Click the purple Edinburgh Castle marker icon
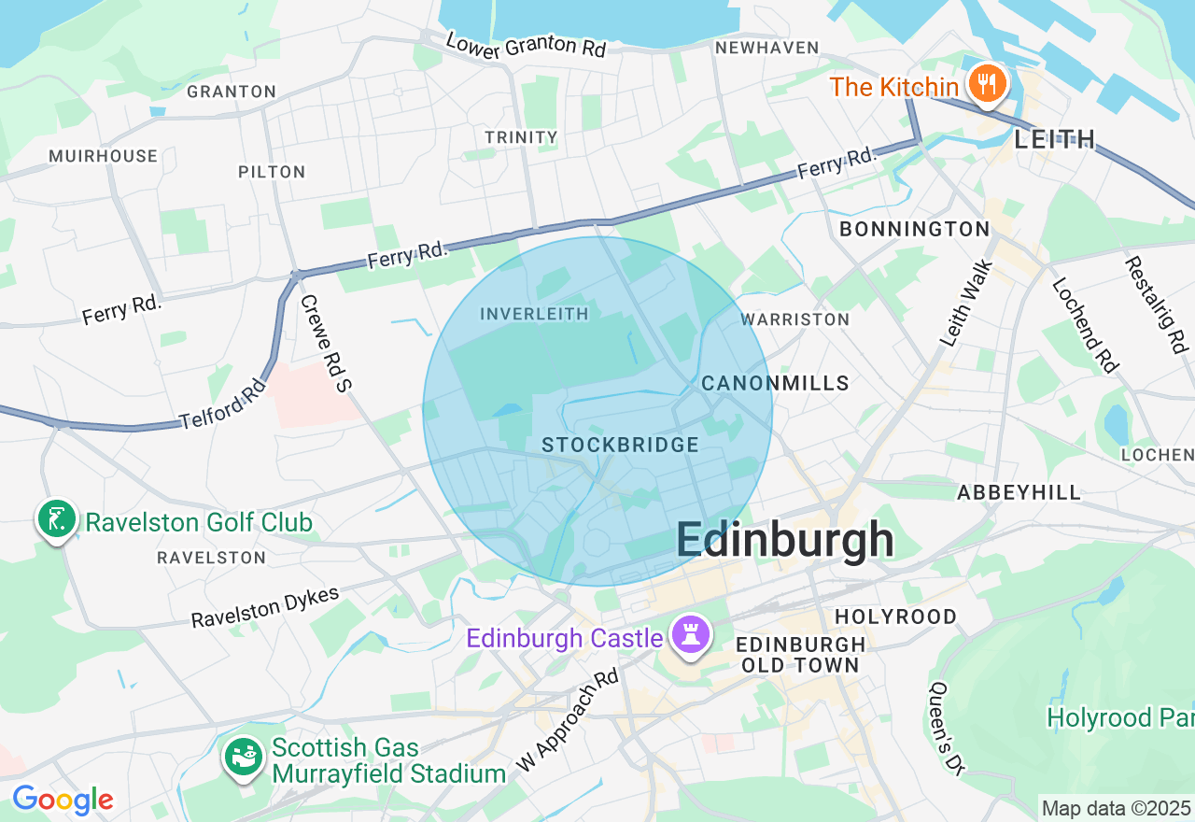coord(690,636)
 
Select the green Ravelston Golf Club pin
coord(57,520)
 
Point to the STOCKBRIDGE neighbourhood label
coord(620,446)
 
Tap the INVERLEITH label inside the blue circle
coord(534,314)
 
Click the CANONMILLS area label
coord(775,383)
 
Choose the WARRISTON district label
coord(794,319)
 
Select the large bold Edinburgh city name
coord(784,541)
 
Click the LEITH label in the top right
coord(1054,140)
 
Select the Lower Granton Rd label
coord(526,45)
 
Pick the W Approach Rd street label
coord(567,719)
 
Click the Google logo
coord(63,801)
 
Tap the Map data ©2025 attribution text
coord(1116,808)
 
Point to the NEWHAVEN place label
coord(766,48)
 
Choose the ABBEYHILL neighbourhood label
coord(1019,492)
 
